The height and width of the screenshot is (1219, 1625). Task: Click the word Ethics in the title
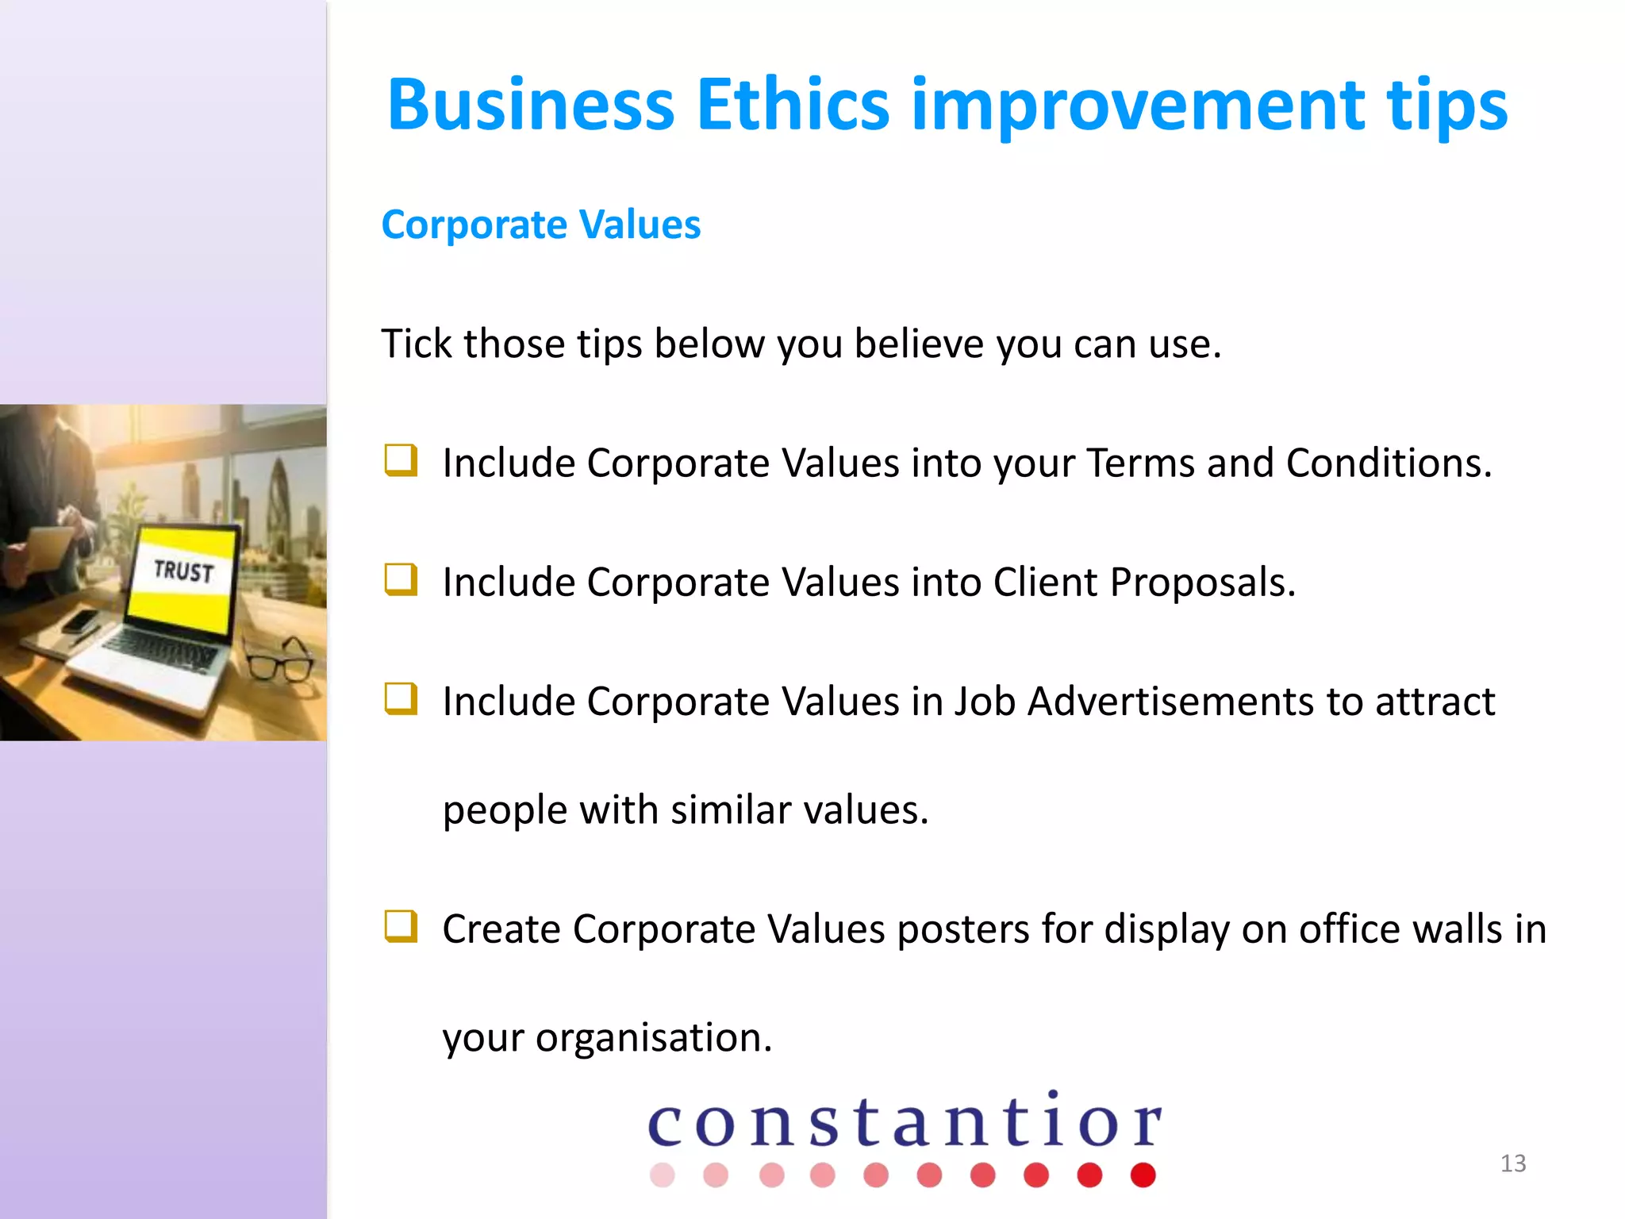point(793,105)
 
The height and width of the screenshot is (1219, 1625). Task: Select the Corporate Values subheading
point(540,225)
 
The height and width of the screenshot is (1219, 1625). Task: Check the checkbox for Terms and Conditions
point(401,460)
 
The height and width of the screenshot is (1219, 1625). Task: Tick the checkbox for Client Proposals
point(401,579)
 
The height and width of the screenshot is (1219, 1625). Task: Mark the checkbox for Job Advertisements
point(401,698)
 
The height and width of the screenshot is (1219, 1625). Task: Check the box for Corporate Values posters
point(401,926)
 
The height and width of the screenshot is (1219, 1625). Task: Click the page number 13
point(1512,1163)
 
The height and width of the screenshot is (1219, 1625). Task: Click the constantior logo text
point(905,1121)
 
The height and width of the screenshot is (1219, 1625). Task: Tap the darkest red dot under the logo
point(1143,1175)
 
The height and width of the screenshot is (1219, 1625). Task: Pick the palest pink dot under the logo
point(662,1175)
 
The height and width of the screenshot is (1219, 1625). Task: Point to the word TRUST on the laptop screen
point(183,571)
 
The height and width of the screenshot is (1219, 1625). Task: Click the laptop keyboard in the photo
point(159,651)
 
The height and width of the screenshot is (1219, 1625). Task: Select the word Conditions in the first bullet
point(1389,463)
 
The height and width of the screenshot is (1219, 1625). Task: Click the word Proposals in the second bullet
point(1202,582)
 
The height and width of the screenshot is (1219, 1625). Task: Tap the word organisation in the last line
point(653,1037)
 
